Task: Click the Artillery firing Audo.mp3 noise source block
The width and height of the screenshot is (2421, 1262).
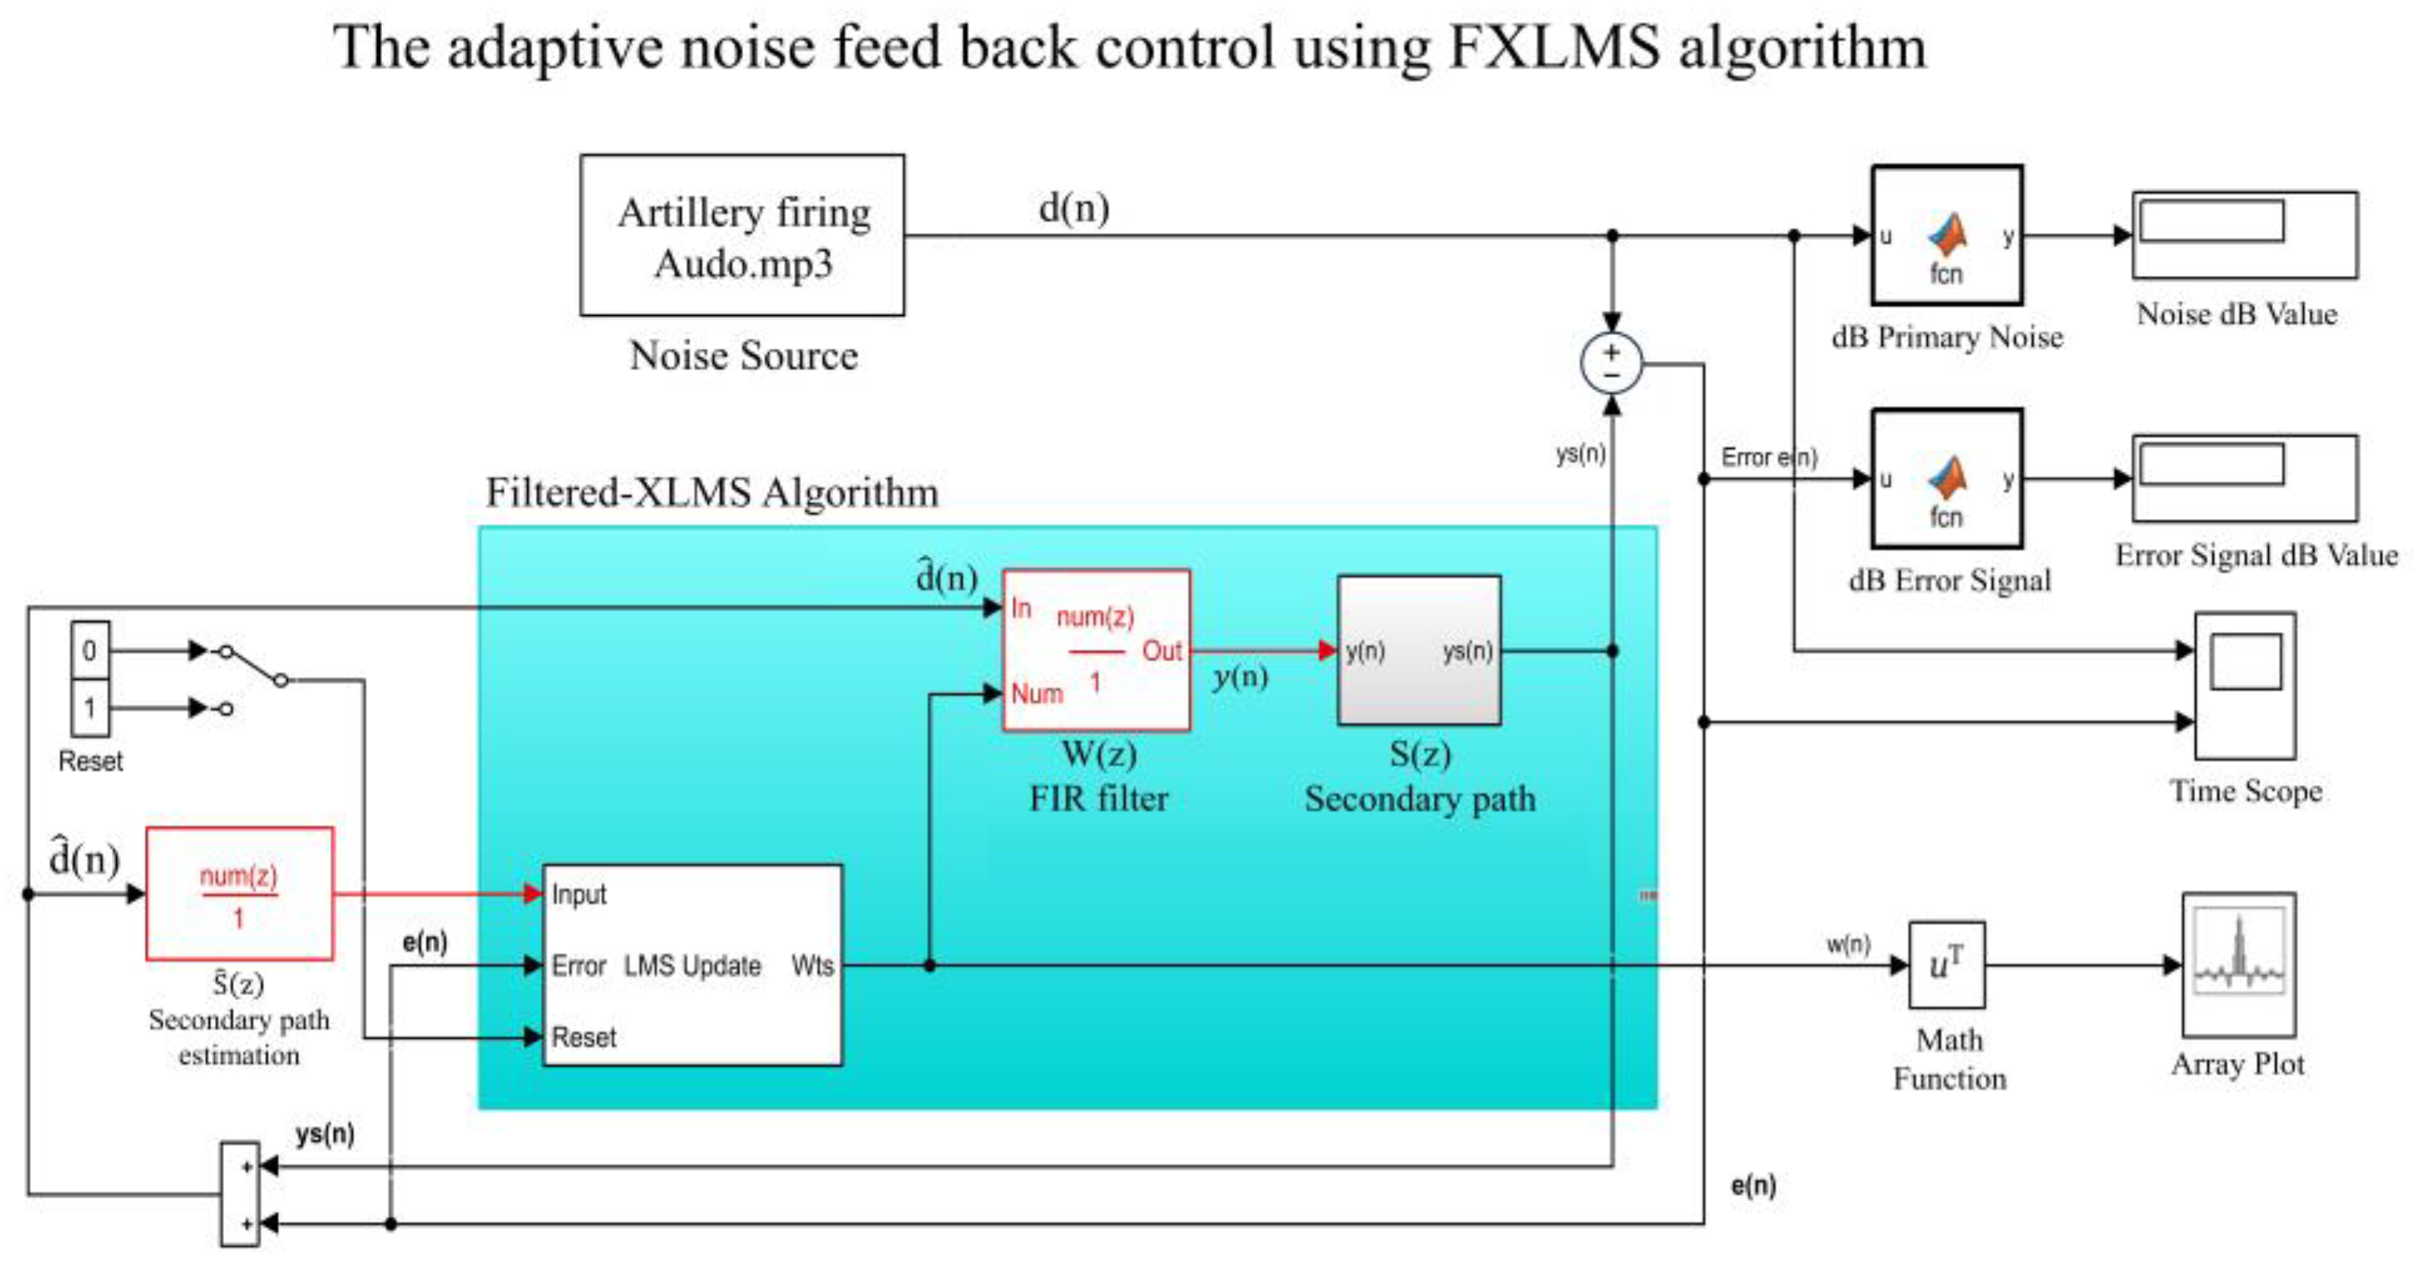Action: (x=741, y=235)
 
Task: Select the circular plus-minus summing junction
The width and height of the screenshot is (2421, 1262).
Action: (x=1611, y=364)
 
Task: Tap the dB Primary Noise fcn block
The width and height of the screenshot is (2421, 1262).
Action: (x=1946, y=235)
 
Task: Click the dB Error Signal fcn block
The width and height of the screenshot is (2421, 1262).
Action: (x=1946, y=478)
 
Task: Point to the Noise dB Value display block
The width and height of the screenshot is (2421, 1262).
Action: (x=2245, y=235)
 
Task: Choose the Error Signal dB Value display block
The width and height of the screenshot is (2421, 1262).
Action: (x=2245, y=477)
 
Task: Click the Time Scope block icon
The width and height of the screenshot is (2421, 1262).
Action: (x=2245, y=685)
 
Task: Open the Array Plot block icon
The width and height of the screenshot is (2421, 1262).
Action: (x=2238, y=964)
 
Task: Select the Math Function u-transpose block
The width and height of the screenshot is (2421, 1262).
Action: (x=1946, y=964)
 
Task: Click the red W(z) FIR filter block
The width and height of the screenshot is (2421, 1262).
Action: (x=1096, y=650)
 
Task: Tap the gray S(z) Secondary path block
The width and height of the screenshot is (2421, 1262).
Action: (x=1418, y=650)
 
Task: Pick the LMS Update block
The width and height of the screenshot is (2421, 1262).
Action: (x=692, y=965)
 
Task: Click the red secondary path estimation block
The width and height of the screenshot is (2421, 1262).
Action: (x=239, y=893)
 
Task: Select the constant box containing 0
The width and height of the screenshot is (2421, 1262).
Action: (x=90, y=649)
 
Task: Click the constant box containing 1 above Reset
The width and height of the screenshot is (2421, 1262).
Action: (x=90, y=708)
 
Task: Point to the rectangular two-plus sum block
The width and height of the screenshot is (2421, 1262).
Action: (x=240, y=1193)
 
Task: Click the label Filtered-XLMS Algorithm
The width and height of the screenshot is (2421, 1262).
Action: (x=711, y=492)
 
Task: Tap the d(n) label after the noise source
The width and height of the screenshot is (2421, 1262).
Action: (x=1073, y=207)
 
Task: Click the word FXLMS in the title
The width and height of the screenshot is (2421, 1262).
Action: (x=1554, y=47)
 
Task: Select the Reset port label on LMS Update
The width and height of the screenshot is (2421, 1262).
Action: (x=583, y=1037)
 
